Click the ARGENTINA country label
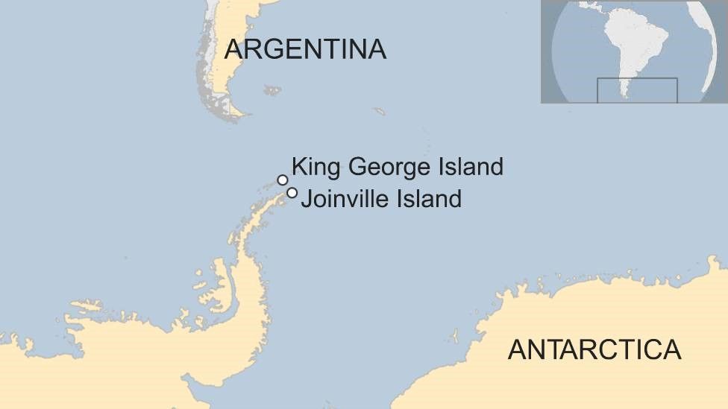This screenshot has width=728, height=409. click(305, 49)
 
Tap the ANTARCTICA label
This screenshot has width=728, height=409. click(594, 349)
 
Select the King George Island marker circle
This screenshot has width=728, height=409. click(283, 180)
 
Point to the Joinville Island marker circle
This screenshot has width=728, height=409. click(292, 193)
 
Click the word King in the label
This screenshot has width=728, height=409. click(312, 167)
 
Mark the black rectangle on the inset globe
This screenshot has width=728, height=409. click(637, 90)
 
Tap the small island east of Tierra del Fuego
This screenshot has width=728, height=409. click(272, 91)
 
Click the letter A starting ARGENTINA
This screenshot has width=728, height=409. click(234, 49)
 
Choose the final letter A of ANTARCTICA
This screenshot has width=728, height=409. click(671, 349)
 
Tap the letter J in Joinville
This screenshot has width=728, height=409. click(306, 199)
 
